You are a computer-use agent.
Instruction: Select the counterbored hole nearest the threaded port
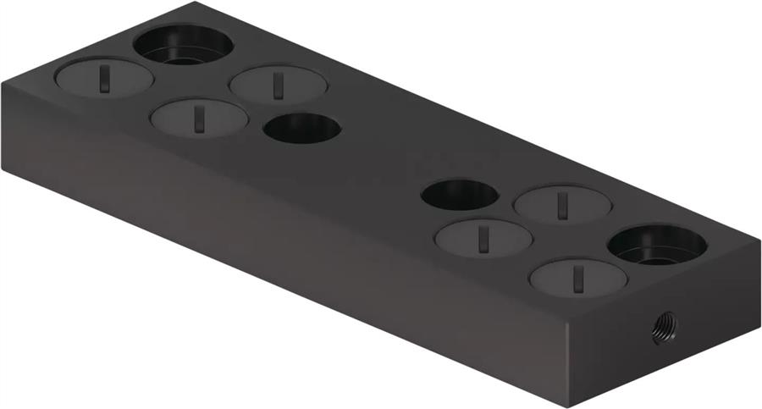[x=657, y=246]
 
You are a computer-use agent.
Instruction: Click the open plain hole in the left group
[x=301, y=128]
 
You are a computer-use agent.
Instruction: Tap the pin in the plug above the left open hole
[x=277, y=85]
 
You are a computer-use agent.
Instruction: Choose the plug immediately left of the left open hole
[x=199, y=117]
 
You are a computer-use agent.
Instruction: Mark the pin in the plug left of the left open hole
[x=198, y=118]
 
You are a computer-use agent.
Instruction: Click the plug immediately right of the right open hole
[x=562, y=203]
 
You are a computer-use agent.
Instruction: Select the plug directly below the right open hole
[x=483, y=237]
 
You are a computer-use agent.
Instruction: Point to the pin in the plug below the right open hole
[x=483, y=238]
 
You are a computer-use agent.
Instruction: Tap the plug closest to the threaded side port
[x=578, y=277]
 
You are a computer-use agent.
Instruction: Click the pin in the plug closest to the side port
[x=577, y=278]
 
